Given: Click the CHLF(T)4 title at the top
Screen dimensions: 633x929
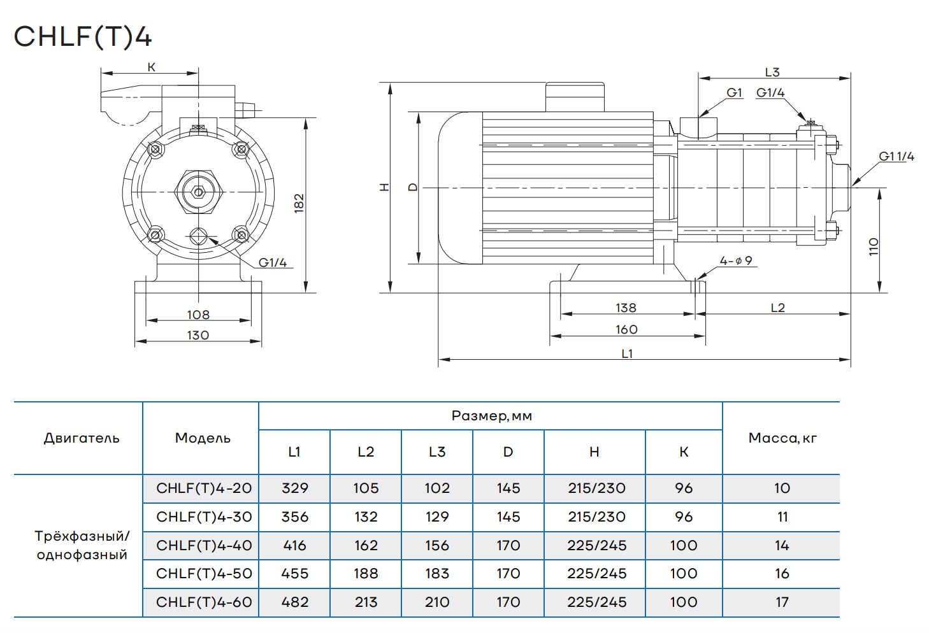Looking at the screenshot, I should [x=83, y=36].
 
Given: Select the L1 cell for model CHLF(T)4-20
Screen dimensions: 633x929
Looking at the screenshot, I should [x=294, y=488].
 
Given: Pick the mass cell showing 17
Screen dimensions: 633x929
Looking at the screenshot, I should [x=782, y=602].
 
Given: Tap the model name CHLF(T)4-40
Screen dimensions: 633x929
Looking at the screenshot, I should [x=204, y=546].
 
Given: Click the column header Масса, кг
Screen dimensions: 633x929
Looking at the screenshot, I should [x=782, y=438].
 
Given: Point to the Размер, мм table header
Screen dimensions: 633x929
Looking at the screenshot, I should [x=491, y=416].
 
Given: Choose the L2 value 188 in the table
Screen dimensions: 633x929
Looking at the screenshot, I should [x=366, y=574].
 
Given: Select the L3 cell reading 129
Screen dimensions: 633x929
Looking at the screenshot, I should [x=437, y=517].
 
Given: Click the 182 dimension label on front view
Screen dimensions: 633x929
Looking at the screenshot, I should [x=299, y=203].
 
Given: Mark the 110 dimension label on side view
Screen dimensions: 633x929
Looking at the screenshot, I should [x=874, y=246].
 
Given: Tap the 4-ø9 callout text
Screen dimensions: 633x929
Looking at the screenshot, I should [x=736, y=261].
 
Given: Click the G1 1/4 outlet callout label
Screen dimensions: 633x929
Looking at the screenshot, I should [x=896, y=157].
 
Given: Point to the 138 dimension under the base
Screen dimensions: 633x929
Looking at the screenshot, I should [x=626, y=308].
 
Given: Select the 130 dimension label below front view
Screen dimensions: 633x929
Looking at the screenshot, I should [x=198, y=336].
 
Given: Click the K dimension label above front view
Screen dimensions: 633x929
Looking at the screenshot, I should [x=151, y=68].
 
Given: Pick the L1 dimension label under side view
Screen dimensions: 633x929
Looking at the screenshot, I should [x=627, y=354].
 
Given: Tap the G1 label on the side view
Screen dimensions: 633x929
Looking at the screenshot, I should [x=734, y=93].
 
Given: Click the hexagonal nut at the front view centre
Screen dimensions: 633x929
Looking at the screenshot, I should [x=198, y=192].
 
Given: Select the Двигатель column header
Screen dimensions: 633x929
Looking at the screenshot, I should [x=82, y=438].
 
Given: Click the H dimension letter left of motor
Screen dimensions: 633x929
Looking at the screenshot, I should [x=384, y=187].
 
